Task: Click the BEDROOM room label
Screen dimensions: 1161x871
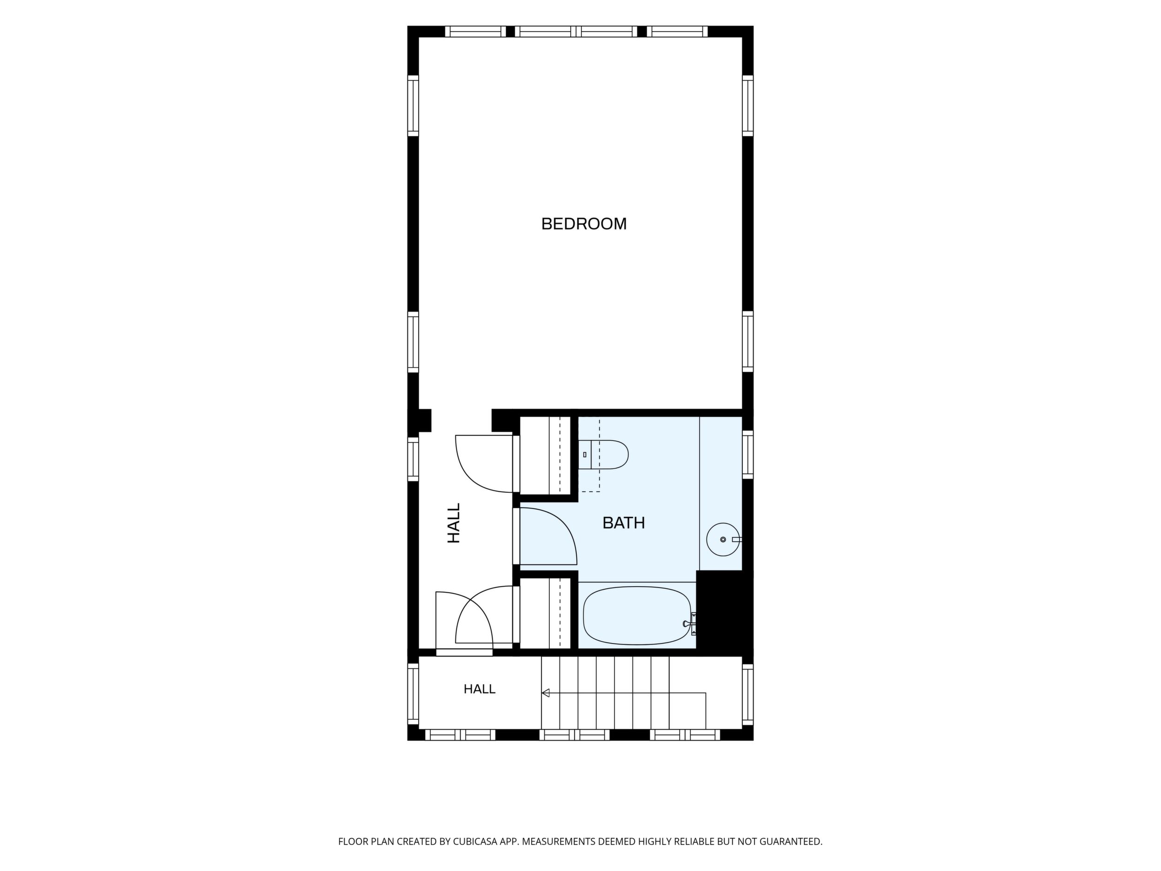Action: pos(584,224)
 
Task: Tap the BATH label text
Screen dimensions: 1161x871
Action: pos(624,523)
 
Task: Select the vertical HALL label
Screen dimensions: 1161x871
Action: pos(454,523)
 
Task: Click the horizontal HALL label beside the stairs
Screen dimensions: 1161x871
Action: pos(479,689)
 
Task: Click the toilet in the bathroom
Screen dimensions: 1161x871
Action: pos(604,455)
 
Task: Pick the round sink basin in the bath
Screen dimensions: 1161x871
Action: pos(723,539)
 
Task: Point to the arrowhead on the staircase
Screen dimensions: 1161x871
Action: pos(545,693)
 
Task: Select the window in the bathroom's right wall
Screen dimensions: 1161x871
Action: pos(747,455)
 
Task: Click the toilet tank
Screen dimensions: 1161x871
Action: pos(585,455)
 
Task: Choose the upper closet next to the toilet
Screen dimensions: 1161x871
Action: pos(545,455)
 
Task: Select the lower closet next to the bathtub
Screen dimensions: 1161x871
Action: pos(545,613)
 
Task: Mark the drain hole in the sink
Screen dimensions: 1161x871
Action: pos(723,539)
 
